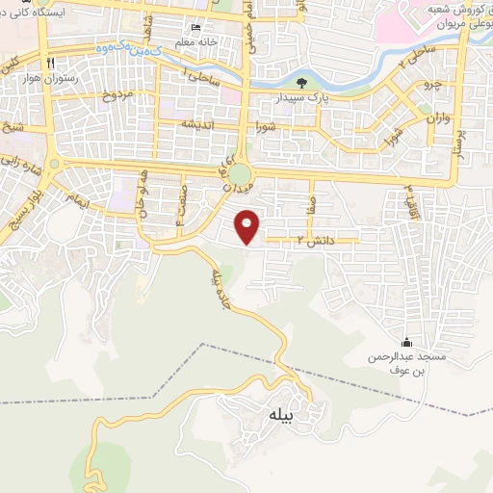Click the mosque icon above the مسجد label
(405, 343)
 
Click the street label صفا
(310, 203)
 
